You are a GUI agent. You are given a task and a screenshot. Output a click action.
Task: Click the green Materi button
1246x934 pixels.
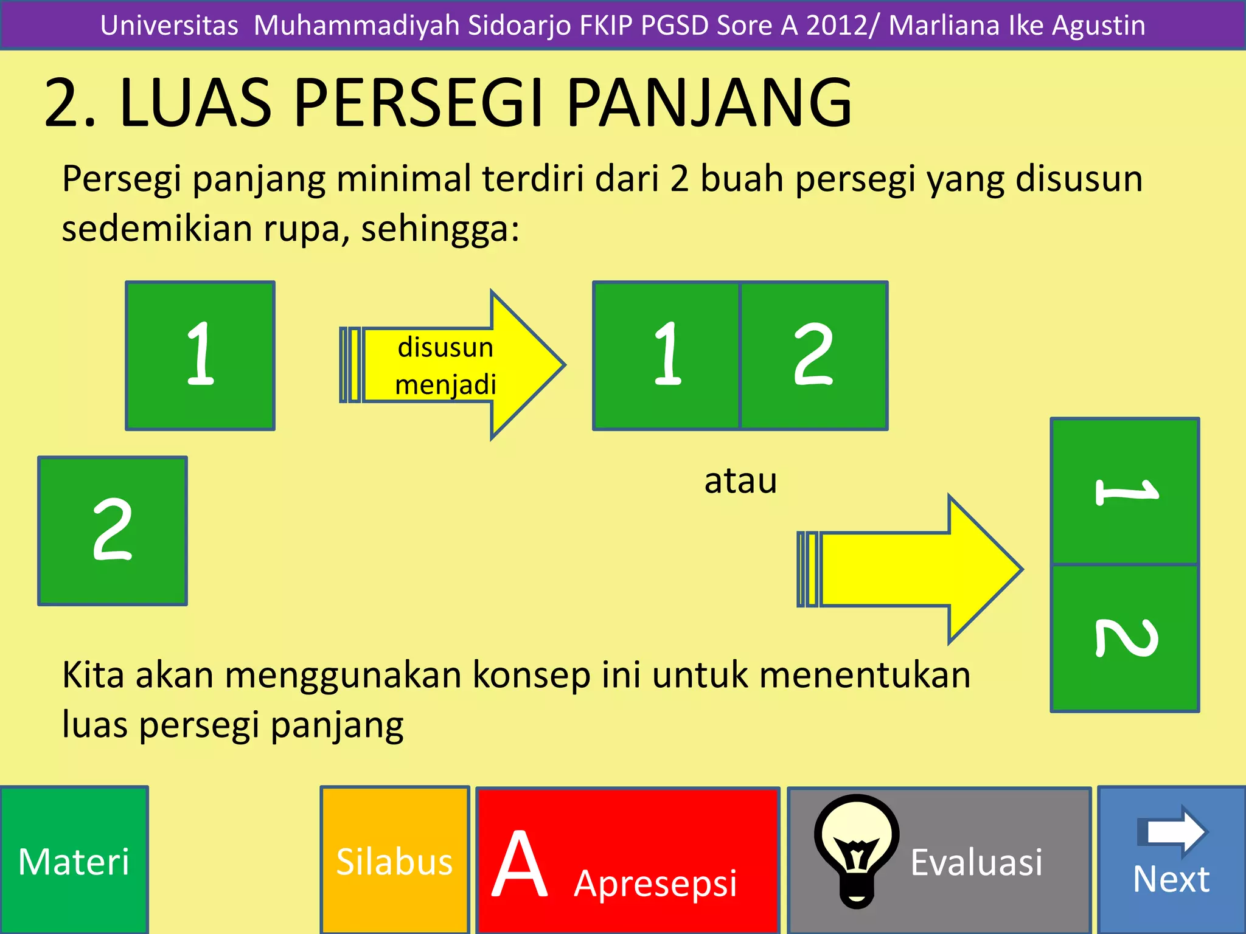[74, 860]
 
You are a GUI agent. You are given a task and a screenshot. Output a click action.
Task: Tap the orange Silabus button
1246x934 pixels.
[394, 860]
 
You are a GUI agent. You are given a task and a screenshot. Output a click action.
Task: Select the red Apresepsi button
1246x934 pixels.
[627, 860]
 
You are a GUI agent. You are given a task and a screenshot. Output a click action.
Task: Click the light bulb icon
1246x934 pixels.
[857, 849]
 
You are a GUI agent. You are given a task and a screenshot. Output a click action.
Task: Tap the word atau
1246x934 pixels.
[740, 481]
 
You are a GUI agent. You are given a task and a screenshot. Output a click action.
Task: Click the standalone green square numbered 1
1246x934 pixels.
[200, 356]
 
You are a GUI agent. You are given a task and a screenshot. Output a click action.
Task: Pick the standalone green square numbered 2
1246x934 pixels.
[113, 531]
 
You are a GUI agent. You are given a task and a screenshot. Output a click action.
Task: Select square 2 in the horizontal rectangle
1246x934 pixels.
[813, 356]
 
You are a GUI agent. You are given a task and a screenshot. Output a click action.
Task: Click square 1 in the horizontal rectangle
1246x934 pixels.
[667, 356]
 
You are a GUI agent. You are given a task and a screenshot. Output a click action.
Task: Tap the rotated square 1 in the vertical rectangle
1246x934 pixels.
[1125, 491]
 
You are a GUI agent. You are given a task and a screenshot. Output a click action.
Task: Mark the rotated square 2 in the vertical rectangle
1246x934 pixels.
[1125, 638]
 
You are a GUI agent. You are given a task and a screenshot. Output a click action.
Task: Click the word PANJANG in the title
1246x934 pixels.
[709, 103]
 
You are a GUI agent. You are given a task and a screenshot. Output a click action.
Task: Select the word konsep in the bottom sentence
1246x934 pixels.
[532, 675]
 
